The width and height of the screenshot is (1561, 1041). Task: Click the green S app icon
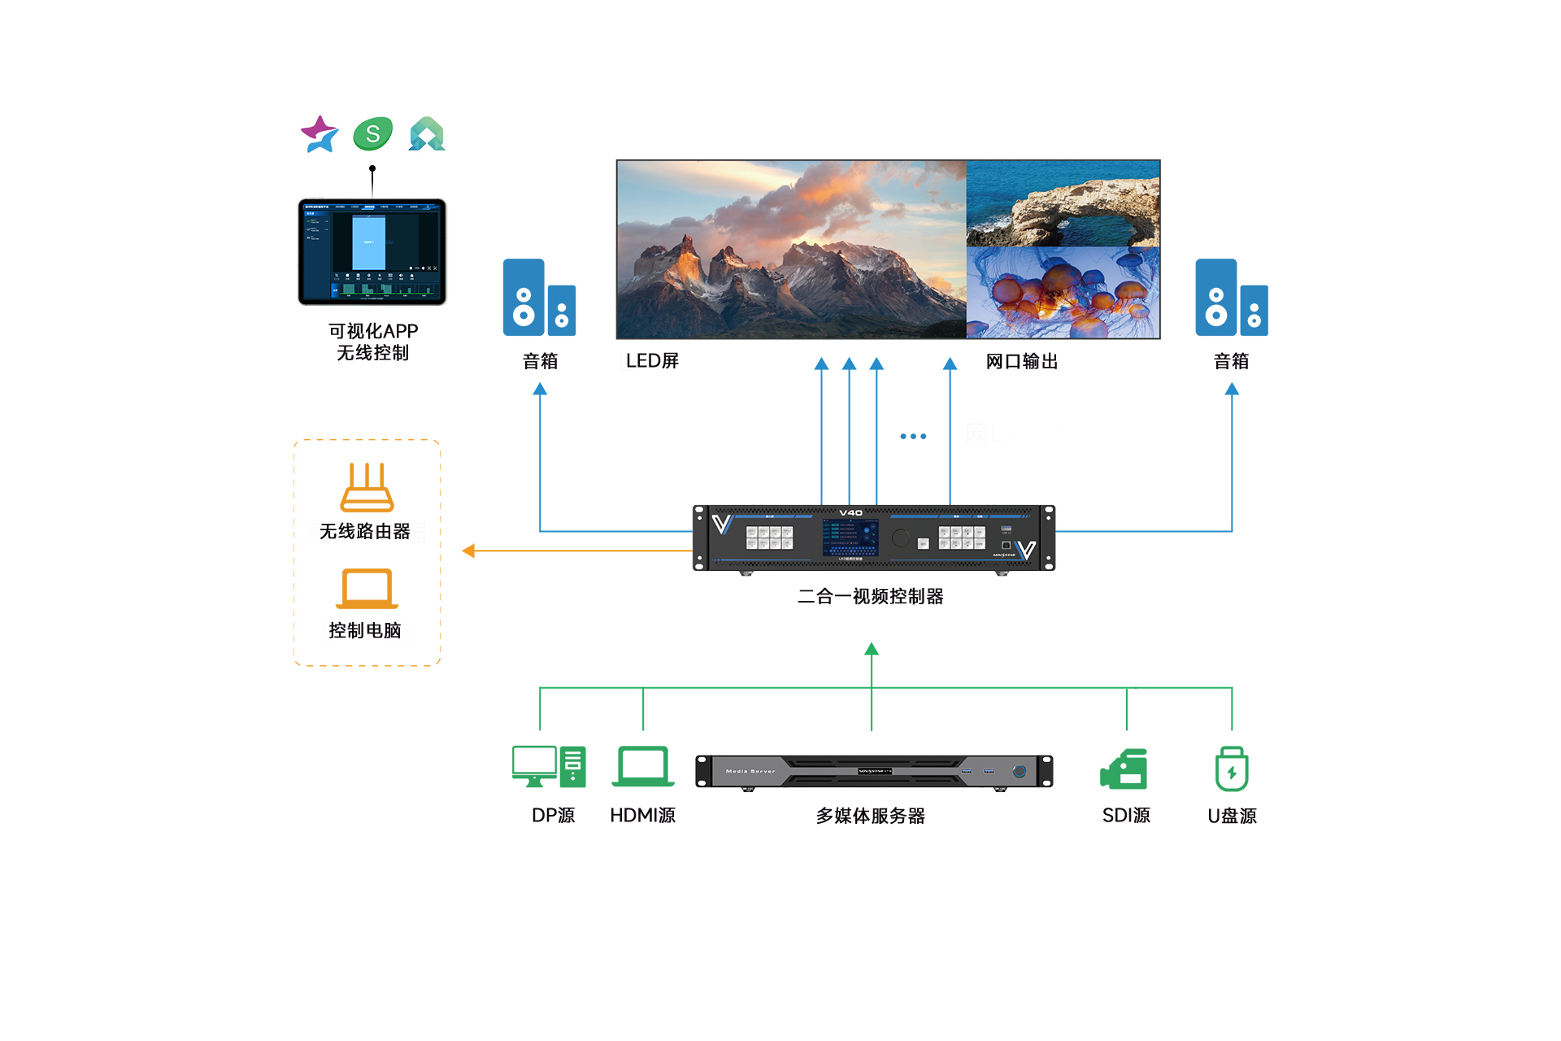pyautogui.click(x=373, y=134)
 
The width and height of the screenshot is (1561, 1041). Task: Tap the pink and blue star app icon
pyautogui.click(x=320, y=134)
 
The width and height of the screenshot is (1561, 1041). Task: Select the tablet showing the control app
pyautogui.click(x=372, y=251)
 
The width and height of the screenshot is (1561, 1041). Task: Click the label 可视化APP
pyautogui.click(x=373, y=331)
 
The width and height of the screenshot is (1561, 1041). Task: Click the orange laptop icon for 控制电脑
pyautogui.click(x=367, y=588)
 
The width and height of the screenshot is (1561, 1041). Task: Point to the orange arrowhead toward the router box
pyautogui.click(x=468, y=551)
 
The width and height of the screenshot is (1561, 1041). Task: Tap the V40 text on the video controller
pyautogui.click(x=850, y=513)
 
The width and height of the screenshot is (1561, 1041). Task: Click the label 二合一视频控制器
pyautogui.click(x=870, y=596)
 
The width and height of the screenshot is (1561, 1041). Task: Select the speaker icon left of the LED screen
pyautogui.click(x=539, y=298)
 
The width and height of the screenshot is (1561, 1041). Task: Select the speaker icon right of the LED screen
pyautogui.click(x=1231, y=298)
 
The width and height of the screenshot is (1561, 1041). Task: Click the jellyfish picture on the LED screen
pyautogui.click(x=1063, y=293)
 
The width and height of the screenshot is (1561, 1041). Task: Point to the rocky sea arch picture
pyautogui.click(x=1063, y=203)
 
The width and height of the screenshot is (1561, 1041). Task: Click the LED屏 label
pyautogui.click(x=652, y=361)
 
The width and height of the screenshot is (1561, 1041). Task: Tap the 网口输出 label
pyautogui.click(x=1021, y=361)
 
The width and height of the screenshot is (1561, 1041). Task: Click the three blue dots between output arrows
pyautogui.click(x=913, y=437)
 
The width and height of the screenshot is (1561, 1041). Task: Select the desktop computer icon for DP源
pyautogui.click(x=549, y=766)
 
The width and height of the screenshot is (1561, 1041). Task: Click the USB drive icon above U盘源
pyautogui.click(x=1232, y=769)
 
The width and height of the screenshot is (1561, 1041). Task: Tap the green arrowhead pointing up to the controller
pyautogui.click(x=872, y=649)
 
